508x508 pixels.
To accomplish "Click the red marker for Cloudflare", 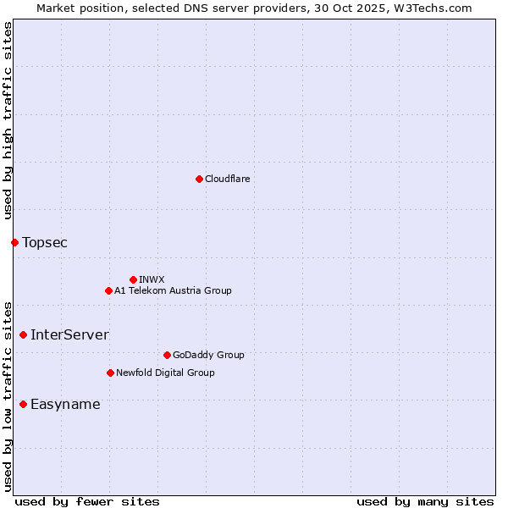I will click(199, 179).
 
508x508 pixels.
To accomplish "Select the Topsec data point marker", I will click(14, 243).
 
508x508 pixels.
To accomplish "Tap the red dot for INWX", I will click(133, 279).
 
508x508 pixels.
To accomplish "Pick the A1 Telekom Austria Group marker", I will click(108, 290).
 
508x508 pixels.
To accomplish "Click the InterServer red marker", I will click(23, 335).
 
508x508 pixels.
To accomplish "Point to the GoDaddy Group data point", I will click(167, 355).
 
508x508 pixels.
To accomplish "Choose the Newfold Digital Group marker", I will click(110, 373).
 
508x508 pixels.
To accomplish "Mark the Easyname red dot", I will click(23, 405).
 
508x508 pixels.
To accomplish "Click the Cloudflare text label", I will click(227, 179).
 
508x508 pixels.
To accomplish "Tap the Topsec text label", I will click(45, 243).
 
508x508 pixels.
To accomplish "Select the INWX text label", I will click(152, 279).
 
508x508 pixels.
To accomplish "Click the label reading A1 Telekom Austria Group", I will click(173, 290).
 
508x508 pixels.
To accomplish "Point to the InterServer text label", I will click(69, 335).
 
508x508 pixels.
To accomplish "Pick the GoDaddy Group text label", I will click(208, 355).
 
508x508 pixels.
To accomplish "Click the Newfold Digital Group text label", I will click(165, 373).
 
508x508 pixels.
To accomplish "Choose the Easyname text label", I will click(65, 405).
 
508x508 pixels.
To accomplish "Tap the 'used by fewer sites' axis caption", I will click(87, 501).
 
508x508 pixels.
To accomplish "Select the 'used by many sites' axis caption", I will click(425, 501).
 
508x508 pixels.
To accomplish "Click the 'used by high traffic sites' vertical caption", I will click(8, 120).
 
